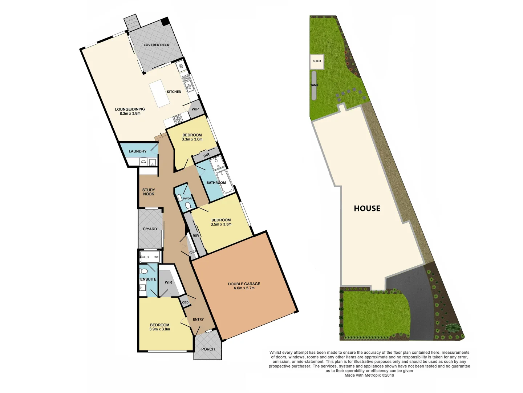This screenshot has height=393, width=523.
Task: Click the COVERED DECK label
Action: coord(156,45)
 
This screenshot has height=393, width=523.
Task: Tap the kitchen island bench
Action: coord(158,94)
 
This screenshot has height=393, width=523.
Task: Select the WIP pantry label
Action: coord(195,109)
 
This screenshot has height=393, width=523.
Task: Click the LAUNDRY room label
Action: coord(138,151)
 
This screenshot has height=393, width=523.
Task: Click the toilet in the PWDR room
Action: coord(188,206)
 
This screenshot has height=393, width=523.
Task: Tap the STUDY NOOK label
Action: coord(149,192)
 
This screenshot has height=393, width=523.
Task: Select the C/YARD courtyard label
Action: coord(150,229)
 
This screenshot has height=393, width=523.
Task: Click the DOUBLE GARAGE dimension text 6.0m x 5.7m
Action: coord(244,288)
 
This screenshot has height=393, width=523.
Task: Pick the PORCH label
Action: coord(208,349)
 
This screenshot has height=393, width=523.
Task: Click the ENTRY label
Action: coord(198,319)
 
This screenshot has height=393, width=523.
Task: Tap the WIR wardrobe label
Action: coord(169,282)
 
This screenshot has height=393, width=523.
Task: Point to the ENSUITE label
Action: coord(148,279)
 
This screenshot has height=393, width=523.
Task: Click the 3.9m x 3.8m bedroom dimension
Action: coord(159,329)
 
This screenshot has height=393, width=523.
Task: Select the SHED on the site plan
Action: coord(317,61)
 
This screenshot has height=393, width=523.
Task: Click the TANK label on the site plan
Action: coord(314,86)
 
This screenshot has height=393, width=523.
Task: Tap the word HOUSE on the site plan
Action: coord(367,209)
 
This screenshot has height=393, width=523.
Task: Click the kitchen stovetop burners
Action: coord(178,119)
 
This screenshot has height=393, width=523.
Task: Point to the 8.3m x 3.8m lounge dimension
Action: coord(130,114)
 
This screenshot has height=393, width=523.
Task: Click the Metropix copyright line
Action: coord(369,376)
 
